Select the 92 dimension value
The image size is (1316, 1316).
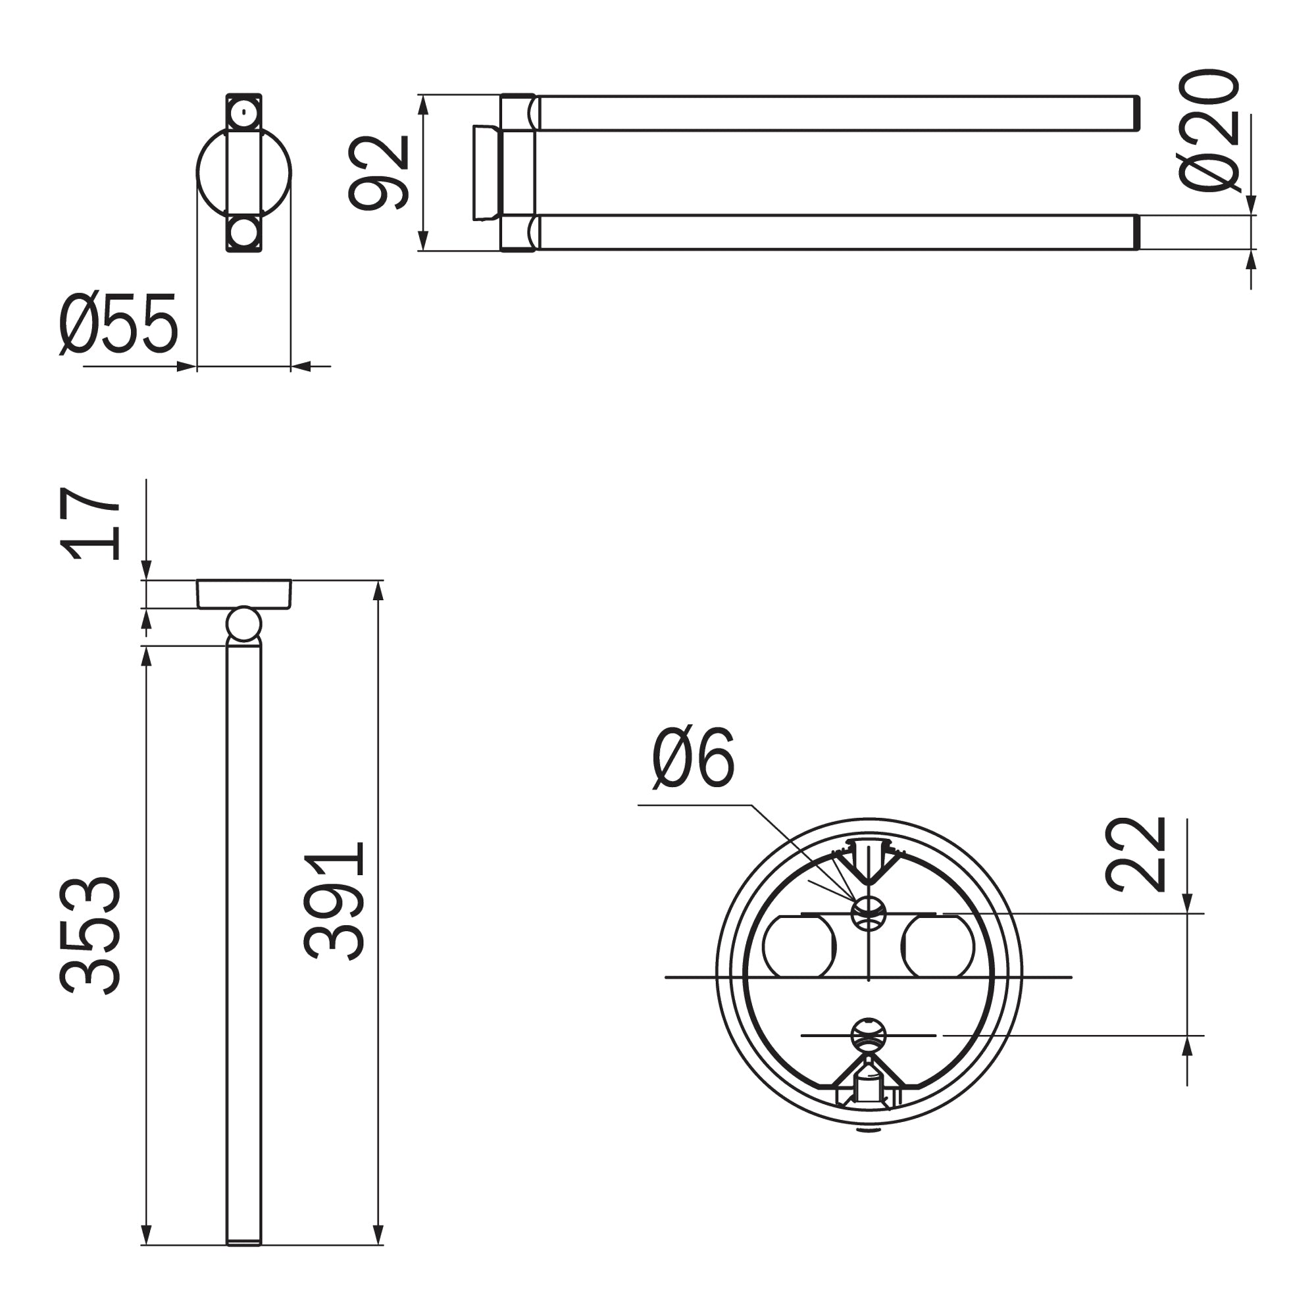[x=379, y=173]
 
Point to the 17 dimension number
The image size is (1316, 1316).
[x=91, y=523]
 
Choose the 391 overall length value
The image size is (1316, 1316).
[x=334, y=901]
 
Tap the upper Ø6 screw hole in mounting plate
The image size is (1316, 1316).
[x=869, y=913]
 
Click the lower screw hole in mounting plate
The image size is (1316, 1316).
[x=869, y=1034]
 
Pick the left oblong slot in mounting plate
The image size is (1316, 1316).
[x=799, y=947]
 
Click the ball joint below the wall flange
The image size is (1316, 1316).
[x=243, y=625]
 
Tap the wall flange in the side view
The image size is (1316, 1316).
[x=244, y=594]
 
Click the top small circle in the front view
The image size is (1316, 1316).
[x=244, y=113]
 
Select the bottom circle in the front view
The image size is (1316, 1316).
[x=244, y=232]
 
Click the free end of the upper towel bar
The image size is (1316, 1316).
[x=1136, y=113]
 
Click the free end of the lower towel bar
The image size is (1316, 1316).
[x=1136, y=232]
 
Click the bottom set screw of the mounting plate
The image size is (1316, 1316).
[x=869, y=1091]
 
